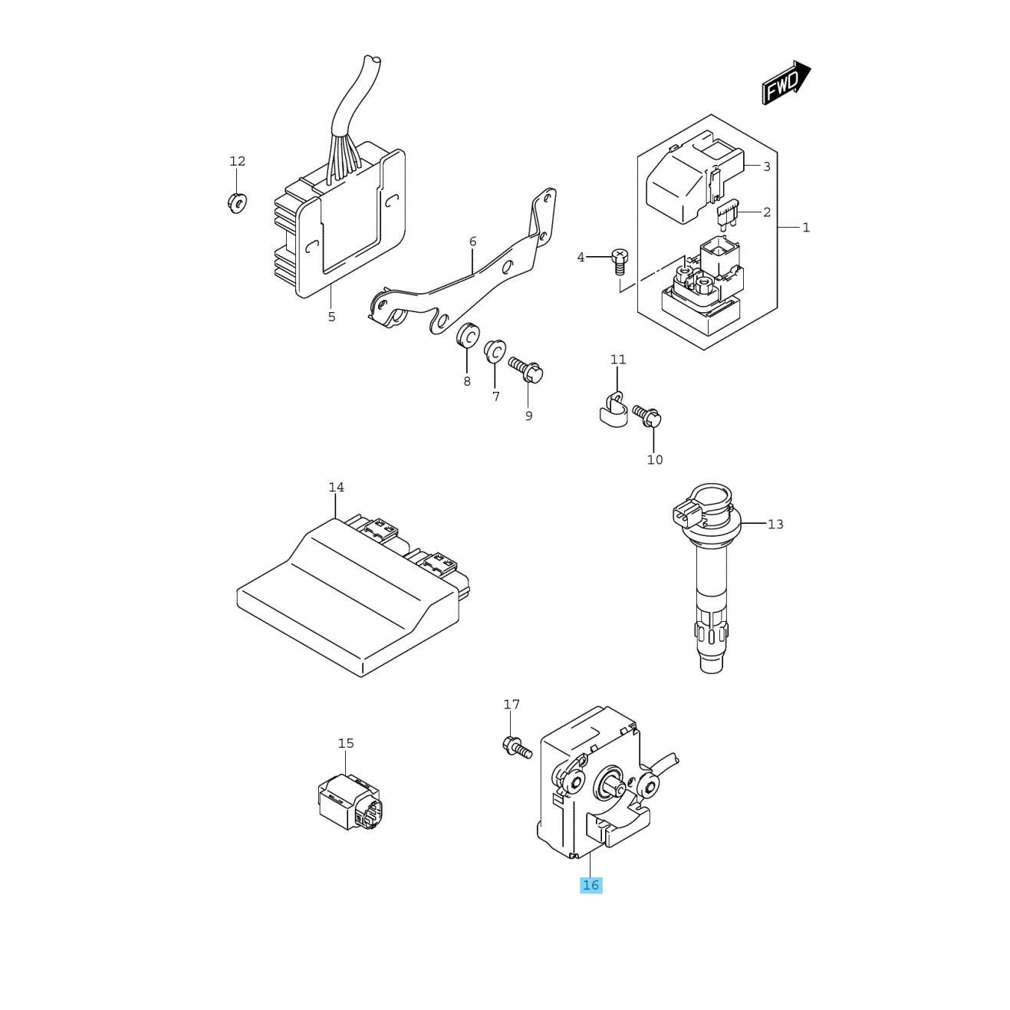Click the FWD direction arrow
pos(786,82)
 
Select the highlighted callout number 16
pos(591,885)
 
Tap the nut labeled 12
pos(237,202)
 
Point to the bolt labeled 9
pos(526,370)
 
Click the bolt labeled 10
pos(647,415)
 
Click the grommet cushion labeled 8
pos(468,335)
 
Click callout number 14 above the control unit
pos(337,488)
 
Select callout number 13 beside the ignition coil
pos(775,524)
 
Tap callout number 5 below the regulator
pos(331,317)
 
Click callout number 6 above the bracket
pos(472,242)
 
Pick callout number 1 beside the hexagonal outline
pos(806,228)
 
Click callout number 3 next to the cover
pos(767,166)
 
